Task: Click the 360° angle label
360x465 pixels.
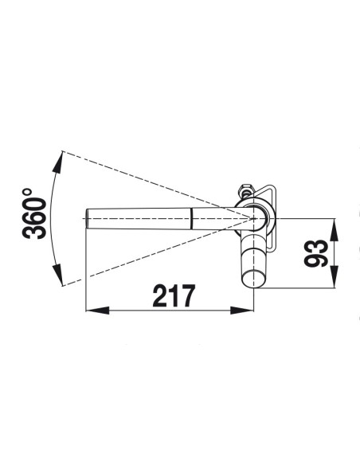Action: (x=34, y=213)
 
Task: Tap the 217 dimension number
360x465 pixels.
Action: (x=174, y=295)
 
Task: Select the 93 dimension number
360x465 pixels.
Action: (x=316, y=253)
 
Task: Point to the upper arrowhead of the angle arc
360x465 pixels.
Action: (x=58, y=162)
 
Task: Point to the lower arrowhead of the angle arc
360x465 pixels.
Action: (x=58, y=275)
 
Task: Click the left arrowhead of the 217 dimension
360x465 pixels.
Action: (x=97, y=311)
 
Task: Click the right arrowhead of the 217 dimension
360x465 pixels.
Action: (x=242, y=311)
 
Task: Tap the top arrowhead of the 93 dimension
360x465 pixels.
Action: (x=335, y=229)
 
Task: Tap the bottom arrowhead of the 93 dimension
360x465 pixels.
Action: (x=335, y=276)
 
